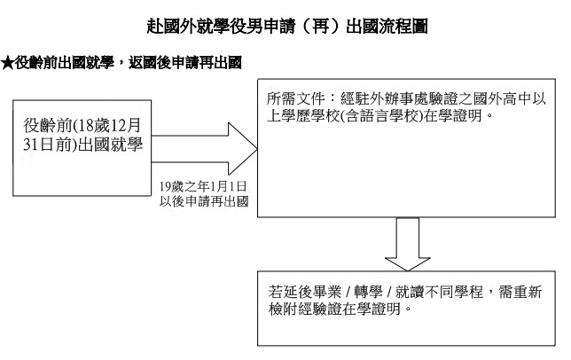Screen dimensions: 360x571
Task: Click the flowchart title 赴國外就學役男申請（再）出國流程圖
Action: pyautogui.click(x=286, y=28)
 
